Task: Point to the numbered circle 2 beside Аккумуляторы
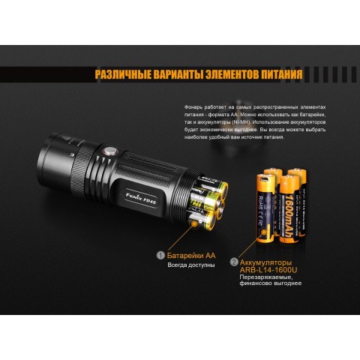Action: click(235, 262)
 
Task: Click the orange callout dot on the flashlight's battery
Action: click(195, 223)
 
